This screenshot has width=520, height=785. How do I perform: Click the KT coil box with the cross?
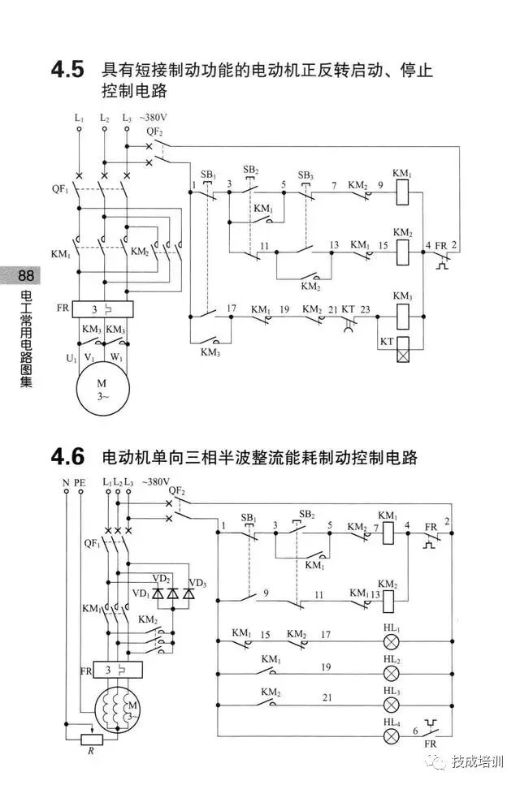[402, 355]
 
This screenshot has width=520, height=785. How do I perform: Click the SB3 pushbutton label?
[305, 175]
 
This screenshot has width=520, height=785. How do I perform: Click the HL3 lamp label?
[392, 690]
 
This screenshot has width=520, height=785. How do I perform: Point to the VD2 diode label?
[162, 578]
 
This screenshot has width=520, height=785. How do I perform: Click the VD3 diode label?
[197, 583]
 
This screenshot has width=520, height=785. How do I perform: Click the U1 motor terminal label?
[71, 358]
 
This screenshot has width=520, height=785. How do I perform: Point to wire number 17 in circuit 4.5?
[232, 308]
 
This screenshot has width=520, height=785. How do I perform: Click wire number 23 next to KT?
[365, 308]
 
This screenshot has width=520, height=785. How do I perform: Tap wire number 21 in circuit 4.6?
[327, 697]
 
